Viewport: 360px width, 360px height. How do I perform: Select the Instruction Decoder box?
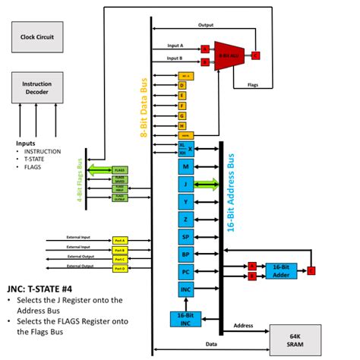36,87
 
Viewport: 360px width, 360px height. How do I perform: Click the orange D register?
182,86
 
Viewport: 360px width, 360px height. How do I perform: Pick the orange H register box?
182,125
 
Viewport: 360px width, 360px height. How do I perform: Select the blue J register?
186,183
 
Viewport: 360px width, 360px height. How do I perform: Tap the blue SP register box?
186,236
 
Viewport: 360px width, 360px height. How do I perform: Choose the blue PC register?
186,272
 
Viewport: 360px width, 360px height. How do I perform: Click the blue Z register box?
186,219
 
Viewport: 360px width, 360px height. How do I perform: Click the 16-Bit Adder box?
281,271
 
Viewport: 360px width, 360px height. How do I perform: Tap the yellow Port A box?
120,240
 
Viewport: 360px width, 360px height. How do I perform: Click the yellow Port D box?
120,268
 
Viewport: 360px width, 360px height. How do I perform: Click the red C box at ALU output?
255,55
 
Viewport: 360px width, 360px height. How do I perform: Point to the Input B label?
175,58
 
